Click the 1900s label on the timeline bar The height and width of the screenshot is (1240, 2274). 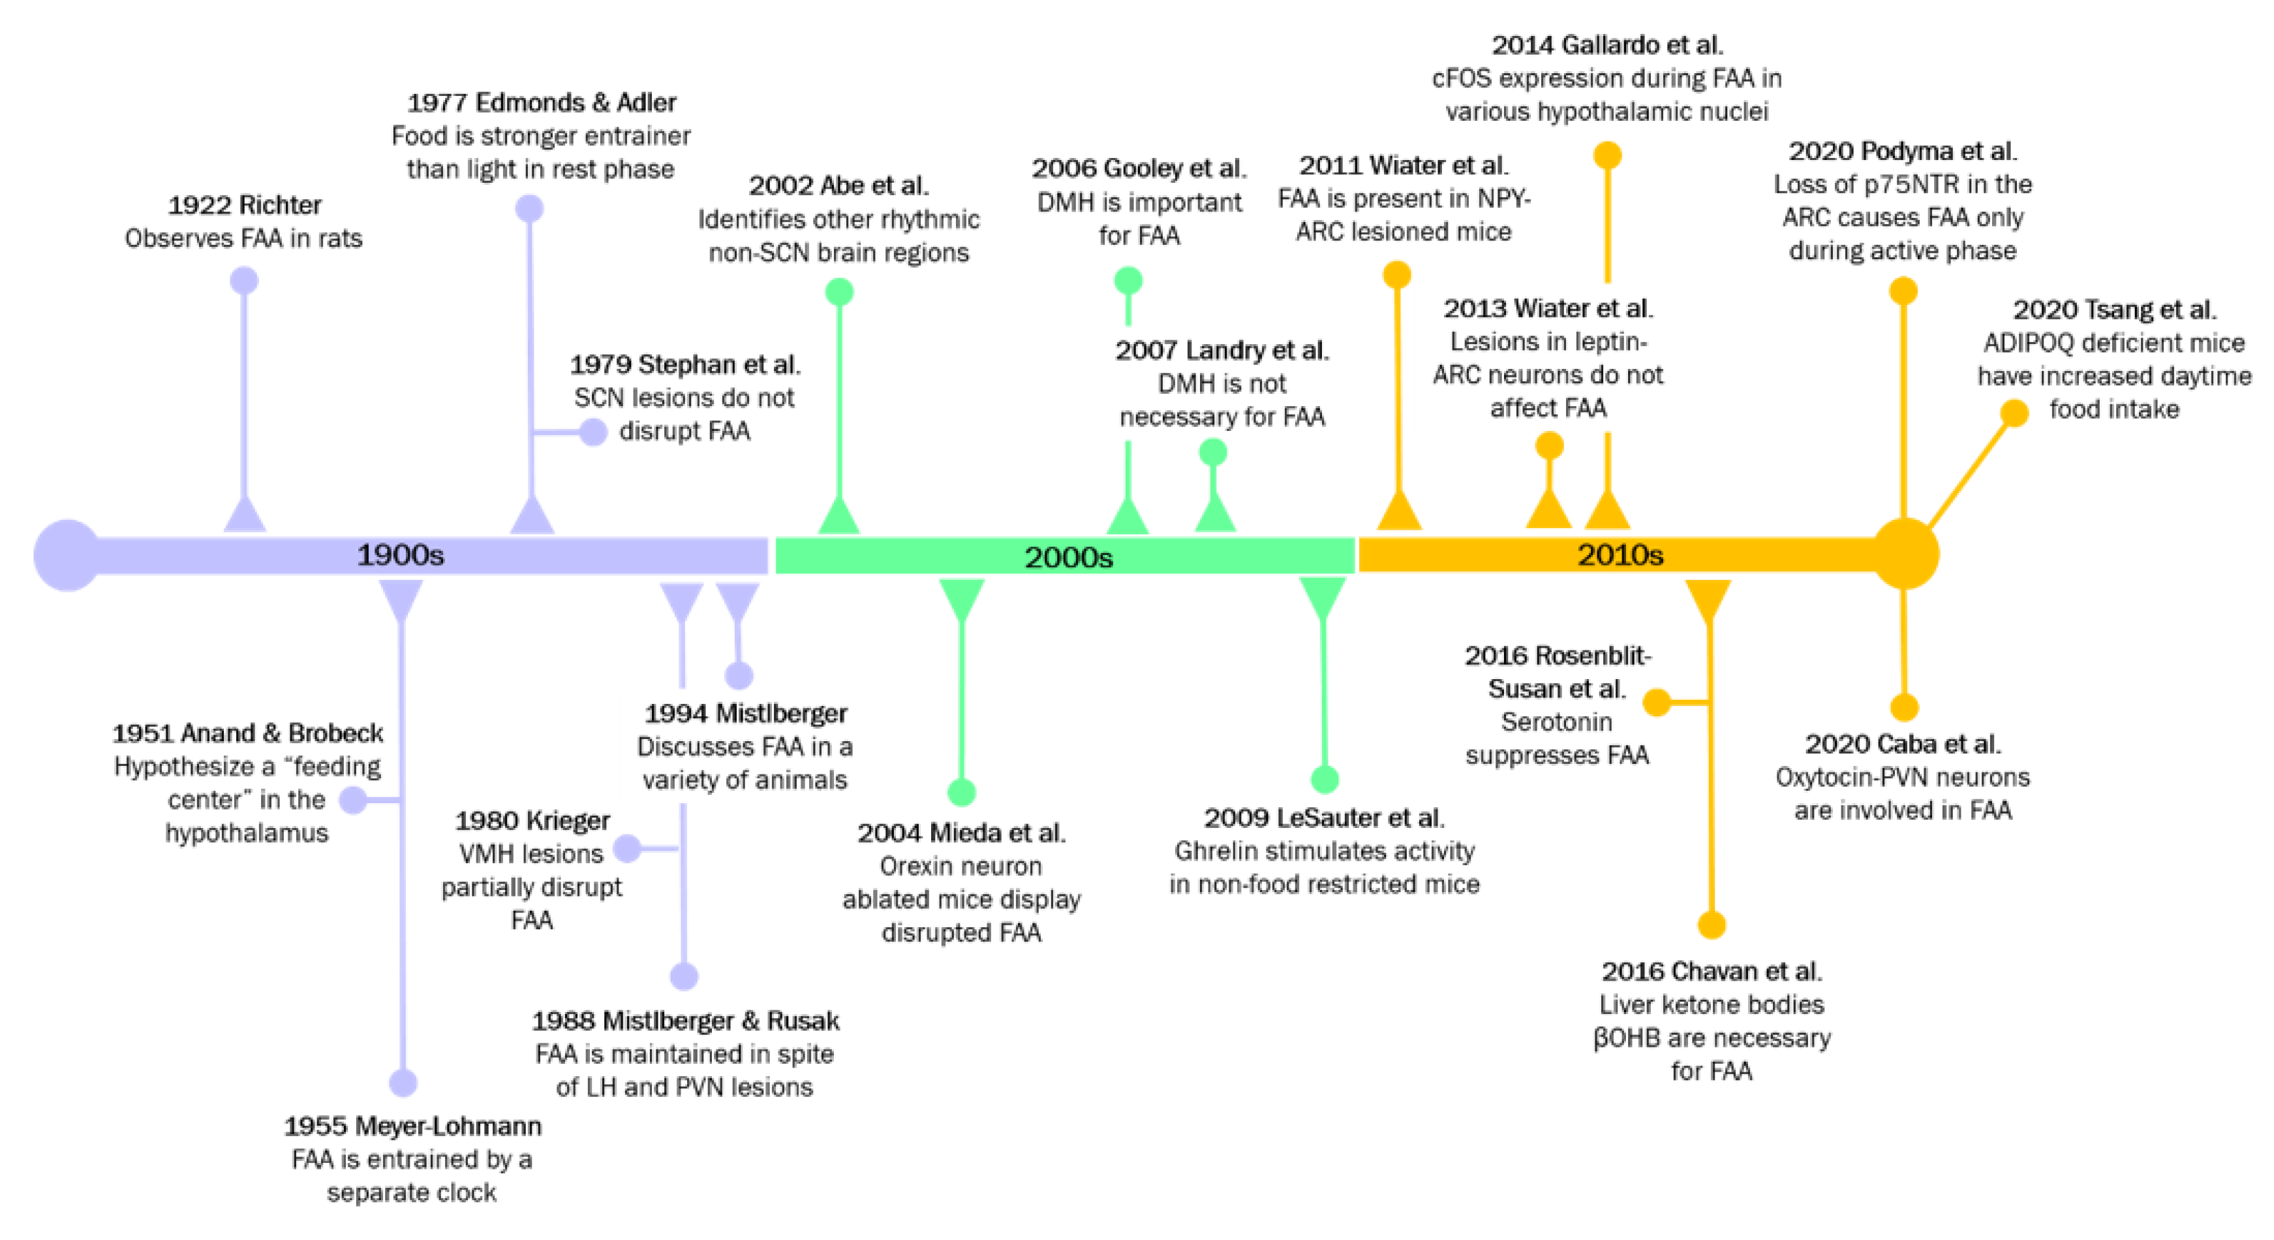coord(400,554)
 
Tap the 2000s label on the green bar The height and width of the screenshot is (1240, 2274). coord(1068,556)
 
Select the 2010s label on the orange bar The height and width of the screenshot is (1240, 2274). coord(1620,554)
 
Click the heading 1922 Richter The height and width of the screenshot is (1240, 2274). coord(245,205)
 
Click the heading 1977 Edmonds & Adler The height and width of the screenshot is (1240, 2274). coord(541,103)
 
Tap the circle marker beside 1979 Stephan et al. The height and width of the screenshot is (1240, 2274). coord(593,432)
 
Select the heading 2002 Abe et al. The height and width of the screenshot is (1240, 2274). coord(838,185)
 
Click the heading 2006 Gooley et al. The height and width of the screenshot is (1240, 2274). coord(1139,168)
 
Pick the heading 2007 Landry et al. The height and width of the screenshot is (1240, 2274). coord(1222,351)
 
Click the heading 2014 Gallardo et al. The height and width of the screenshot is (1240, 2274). coord(1606,44)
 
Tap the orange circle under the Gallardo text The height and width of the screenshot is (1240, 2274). coord(1608,155)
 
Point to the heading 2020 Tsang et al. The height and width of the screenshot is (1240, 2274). coord(2114,310)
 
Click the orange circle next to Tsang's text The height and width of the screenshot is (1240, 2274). coord(2014,413)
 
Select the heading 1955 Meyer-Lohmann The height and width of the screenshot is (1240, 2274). coord(412,1126)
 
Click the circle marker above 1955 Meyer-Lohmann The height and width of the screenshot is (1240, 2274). coord(403,1083)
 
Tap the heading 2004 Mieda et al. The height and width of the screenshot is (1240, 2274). coord(961,833)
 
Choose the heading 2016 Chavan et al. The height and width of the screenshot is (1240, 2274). coord(1712,972)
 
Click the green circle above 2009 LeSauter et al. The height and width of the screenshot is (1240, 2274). coord(1324,779)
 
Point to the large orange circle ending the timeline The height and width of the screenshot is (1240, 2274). coord(1905,554)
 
